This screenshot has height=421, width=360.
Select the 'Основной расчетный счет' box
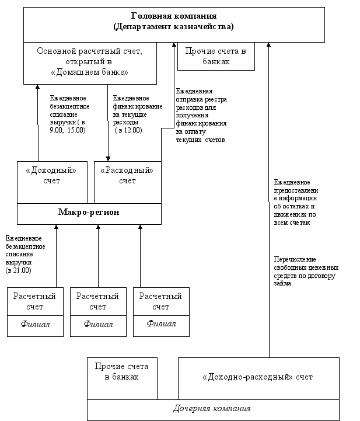tap(90, 62)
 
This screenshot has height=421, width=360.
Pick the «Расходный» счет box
tap(127, 176)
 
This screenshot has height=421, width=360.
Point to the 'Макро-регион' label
tap(89, 212)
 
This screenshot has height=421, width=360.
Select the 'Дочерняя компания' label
tap(212, 408)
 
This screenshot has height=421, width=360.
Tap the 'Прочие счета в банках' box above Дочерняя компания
tap(122, 371)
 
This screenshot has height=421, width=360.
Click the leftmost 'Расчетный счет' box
tap(35, 302)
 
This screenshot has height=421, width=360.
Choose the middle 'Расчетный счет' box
tap(98, 302)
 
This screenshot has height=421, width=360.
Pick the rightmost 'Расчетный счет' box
tap(160, 302)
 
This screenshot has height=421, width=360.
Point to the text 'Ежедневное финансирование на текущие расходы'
tap(131, 114)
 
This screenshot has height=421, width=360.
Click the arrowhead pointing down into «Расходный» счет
tap(107, 158)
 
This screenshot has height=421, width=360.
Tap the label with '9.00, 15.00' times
tap(69, 114)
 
